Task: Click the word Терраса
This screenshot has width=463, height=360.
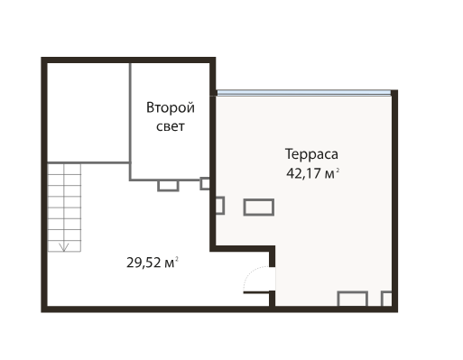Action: pyautogui.click(x=311, y=154)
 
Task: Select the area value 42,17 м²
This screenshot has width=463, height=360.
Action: pyautogui.click(x=313, y=173)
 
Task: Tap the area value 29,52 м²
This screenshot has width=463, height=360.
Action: pyautogui.click(x=153, y=263)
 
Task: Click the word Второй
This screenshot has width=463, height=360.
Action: pyautogui.click(x=171, y=107)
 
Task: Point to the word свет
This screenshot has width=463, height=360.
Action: pyautogui.click(x=171, y=126)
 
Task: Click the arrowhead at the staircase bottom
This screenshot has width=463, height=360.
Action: pyautogui.click(x=64, y=247)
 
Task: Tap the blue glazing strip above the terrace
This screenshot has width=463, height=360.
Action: pyautogui.click(x=304, y=93)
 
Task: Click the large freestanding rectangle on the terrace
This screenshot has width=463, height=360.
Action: pyautogui.click(x=259, y=208)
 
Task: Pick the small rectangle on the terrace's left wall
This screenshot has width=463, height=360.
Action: pyautogui.click(x=220, y=206)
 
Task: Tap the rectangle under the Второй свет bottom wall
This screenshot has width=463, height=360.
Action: pyautogui.click(x=168, y=186)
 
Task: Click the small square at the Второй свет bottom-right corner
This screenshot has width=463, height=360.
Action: pyautogui.click(x=205, y=184)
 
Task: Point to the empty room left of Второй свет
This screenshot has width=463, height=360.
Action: pyautogui.click(x=88, y=113)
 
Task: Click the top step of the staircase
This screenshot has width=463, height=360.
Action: pyautogui.click(x=64, y=169)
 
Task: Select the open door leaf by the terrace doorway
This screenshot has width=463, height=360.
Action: pyautogui.click(x=256, y=292)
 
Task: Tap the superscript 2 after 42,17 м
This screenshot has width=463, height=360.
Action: pyautogui.click(x=338, y=171)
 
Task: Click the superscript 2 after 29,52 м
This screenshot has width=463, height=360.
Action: pyautogui.click(x=177, y=259)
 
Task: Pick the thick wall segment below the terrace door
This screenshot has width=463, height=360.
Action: pyautogui.click(x=272, y=299)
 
